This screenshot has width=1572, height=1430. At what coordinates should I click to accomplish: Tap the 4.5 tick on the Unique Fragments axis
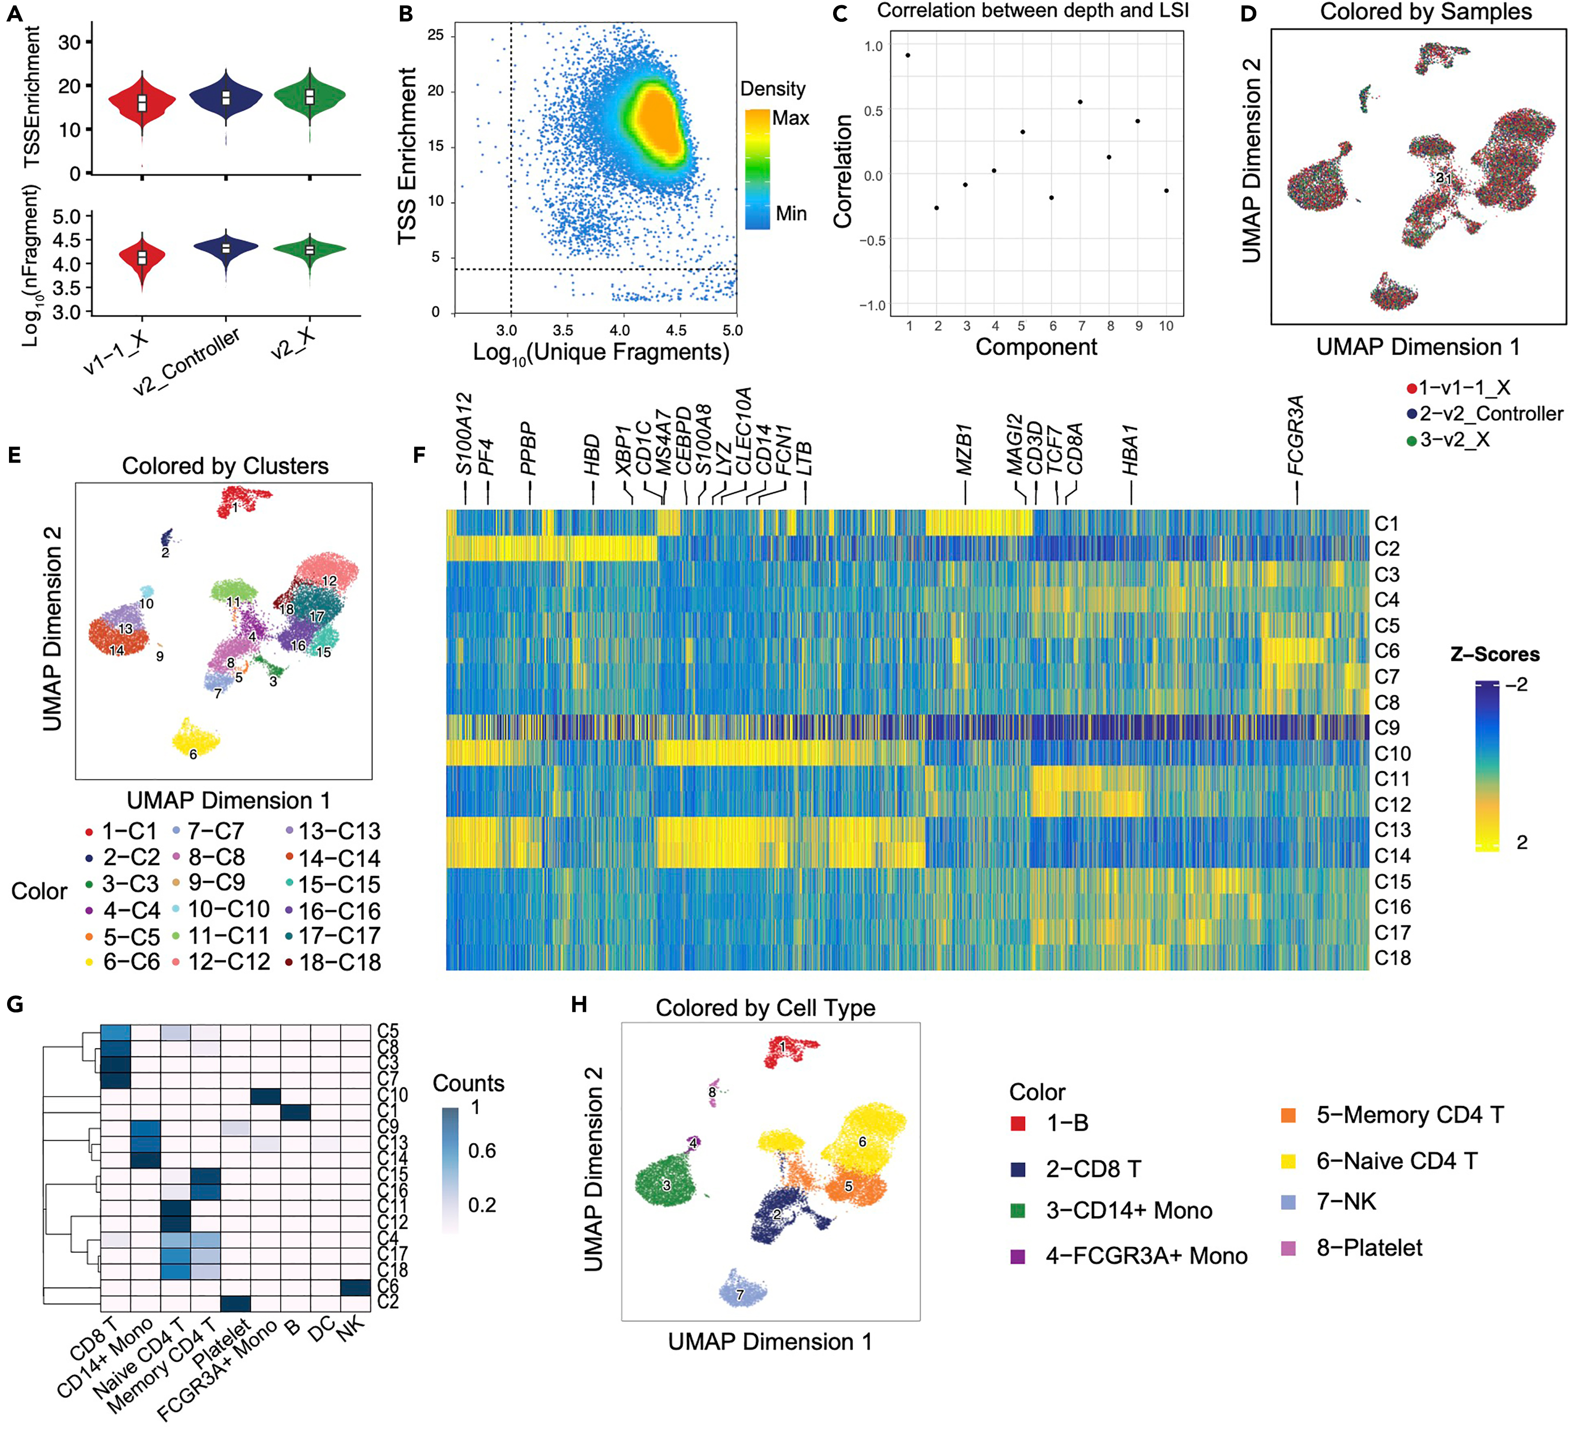[x=676, y=330]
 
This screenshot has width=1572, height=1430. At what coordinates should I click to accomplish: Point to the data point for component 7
[x=1081, y=102]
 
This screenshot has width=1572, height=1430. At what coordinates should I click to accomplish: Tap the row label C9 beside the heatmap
[x=1387, y=728]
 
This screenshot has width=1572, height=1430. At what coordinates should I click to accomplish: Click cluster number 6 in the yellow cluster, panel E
[x=194, y=754]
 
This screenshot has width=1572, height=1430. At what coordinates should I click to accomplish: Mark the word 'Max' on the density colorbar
[x=790, y=118]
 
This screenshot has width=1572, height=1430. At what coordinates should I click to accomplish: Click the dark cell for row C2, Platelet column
[x=235, y=1303]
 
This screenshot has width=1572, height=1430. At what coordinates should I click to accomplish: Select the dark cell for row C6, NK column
[x=355, y=1287]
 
